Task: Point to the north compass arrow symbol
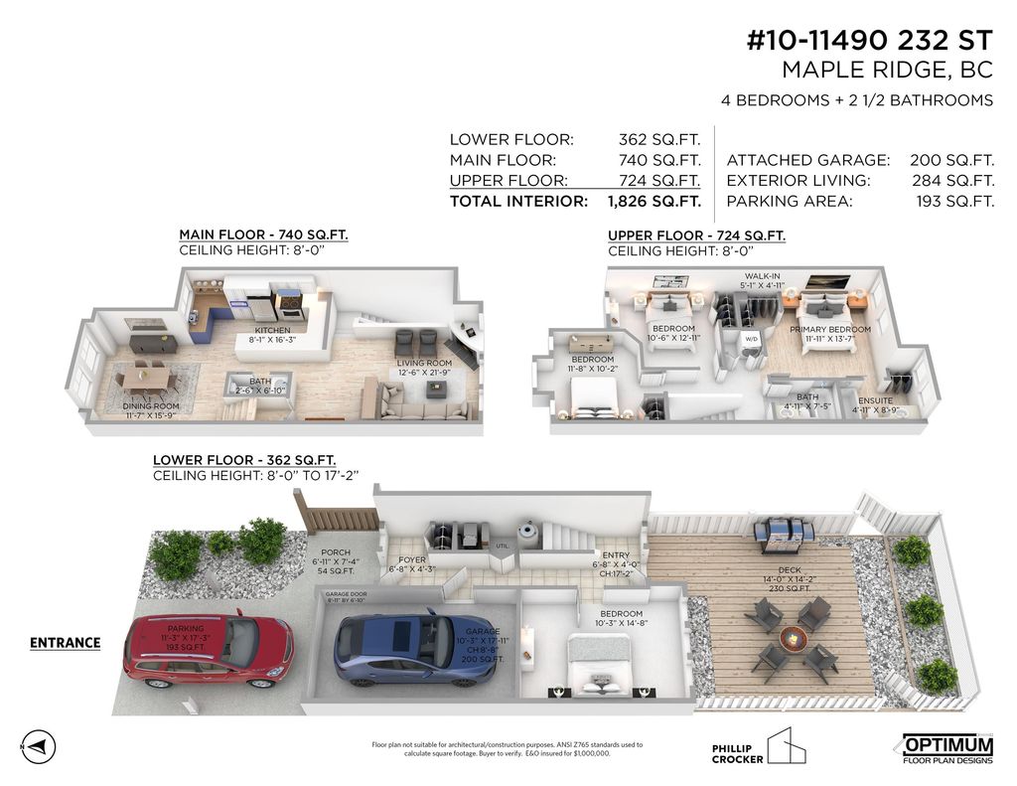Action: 36,745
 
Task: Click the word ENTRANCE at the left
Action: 65,643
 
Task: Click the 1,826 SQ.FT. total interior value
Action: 659,202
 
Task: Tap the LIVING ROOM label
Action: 424,364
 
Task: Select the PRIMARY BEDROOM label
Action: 830,330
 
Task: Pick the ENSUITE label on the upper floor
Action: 874,401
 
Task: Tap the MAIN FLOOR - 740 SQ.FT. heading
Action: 263,235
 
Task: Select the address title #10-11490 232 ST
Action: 869,41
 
